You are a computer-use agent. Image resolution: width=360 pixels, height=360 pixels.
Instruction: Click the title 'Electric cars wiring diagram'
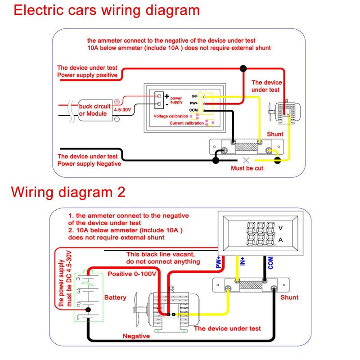pos(106,10)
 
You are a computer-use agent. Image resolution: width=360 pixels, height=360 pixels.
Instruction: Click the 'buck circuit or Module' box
pos(94,110)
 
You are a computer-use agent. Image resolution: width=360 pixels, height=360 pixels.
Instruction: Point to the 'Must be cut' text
pos(247,168)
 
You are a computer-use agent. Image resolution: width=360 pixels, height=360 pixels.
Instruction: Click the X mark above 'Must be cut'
pos(246,160)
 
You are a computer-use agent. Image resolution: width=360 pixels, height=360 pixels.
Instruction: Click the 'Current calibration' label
pos(186,123)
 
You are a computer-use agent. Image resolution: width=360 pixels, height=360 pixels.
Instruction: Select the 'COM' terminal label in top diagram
pos(194,110)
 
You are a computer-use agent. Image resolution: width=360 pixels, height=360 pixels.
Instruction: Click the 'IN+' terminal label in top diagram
pos(194,96)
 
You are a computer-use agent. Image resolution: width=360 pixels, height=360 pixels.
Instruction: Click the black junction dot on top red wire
pos(243,68)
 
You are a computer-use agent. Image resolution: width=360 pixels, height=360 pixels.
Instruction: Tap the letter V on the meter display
pos(281,227)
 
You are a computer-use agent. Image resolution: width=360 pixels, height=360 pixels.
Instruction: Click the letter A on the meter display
pos(281,239)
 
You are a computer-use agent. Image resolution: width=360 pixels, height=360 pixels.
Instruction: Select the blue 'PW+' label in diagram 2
pos(219,263)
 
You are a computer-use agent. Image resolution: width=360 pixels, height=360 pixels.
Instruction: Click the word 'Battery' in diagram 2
pos(115,297)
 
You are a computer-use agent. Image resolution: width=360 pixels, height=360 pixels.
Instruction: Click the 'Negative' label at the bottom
pos(136,336)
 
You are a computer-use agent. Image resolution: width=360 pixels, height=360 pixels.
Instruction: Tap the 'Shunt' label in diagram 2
pos(289,297)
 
